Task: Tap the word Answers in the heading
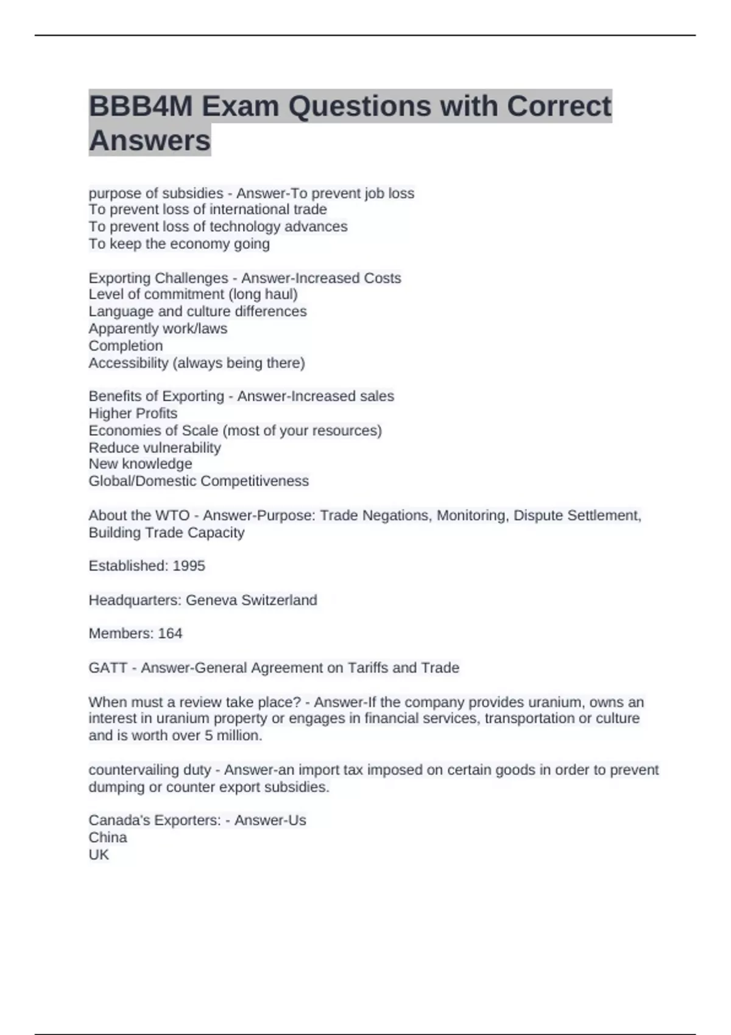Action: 150,141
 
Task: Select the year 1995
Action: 189,566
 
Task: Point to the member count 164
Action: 170,633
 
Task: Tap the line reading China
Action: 108,837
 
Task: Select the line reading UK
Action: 99,854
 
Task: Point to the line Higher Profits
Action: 133,413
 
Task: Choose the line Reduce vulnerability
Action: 155,447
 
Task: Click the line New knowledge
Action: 140,463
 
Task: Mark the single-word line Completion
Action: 125,345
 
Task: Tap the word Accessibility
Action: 128,363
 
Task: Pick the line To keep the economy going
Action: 179,244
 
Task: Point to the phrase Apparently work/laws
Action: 158,328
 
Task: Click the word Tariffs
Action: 367,667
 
